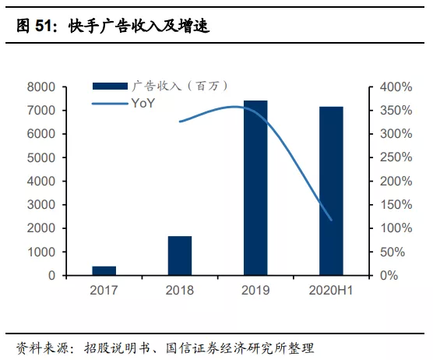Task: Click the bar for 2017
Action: (104, 270)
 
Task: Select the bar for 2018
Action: (180, 256)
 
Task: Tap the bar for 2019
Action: (255, 188)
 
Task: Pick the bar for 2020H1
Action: (331, 191)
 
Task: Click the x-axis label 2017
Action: (104, 291)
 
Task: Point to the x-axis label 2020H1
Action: (331, 291)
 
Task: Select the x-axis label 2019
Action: (255, 291)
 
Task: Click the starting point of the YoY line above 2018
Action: (180, 122)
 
